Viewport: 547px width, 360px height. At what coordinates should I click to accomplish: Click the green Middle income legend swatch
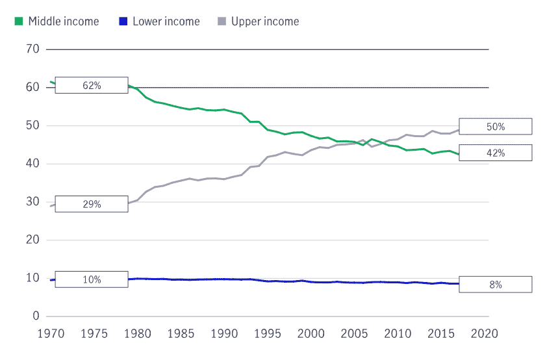[19, 21]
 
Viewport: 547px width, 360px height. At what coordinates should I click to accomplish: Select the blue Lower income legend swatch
[123, 21]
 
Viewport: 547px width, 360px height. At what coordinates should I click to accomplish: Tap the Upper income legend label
[265, 21]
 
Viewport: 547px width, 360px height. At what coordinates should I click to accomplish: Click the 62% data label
[92, 85]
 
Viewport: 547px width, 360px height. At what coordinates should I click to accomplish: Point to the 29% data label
[92, 204]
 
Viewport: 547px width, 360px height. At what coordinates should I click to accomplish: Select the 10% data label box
[92, 279]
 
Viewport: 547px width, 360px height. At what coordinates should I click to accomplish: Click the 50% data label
[495, 127]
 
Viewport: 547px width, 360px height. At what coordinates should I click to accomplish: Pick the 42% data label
[495, 153]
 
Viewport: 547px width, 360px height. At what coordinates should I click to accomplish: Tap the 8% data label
[495, 285]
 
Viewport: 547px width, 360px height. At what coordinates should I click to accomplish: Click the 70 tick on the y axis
[32, 49]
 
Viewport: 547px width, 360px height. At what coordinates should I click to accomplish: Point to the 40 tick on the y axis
[32, 164]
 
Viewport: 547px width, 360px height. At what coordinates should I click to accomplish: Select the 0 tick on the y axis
[36, 316]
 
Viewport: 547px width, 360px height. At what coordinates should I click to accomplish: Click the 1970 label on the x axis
[50, 334]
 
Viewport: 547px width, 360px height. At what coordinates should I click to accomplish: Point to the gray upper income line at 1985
[181, 180]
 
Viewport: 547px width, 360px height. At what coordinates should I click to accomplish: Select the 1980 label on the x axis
[137, 334]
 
